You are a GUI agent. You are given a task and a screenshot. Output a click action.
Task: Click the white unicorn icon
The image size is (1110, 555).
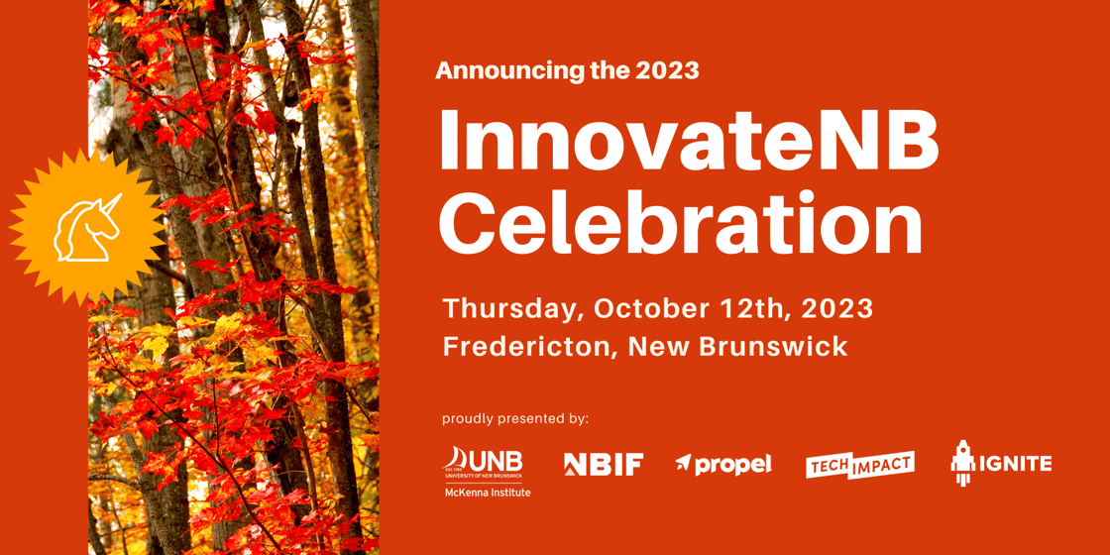tap(86, 228)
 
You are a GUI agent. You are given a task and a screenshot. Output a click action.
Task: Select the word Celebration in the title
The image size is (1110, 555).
tap(681, 225)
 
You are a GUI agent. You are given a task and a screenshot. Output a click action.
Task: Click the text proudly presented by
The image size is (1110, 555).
tap(515, 418)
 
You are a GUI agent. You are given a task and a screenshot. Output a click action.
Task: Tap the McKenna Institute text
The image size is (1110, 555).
tap(487, 493)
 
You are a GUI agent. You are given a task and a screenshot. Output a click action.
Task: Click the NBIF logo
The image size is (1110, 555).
tap(603, 464)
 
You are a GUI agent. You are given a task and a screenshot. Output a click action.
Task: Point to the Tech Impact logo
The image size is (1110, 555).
tap(859, 465)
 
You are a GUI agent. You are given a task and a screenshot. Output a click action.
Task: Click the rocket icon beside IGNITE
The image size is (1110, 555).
tap(962, 463)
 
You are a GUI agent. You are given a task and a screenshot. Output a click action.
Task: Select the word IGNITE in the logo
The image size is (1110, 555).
tap(1015, 464)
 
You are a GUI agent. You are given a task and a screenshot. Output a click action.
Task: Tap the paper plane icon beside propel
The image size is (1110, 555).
tap(684, 461)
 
